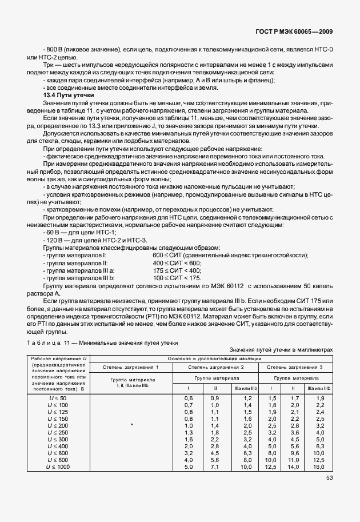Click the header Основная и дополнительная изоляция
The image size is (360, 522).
tap(214, 358)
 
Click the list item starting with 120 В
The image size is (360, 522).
tap(67, 240)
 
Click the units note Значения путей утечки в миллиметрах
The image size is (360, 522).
tap(280, 349)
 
